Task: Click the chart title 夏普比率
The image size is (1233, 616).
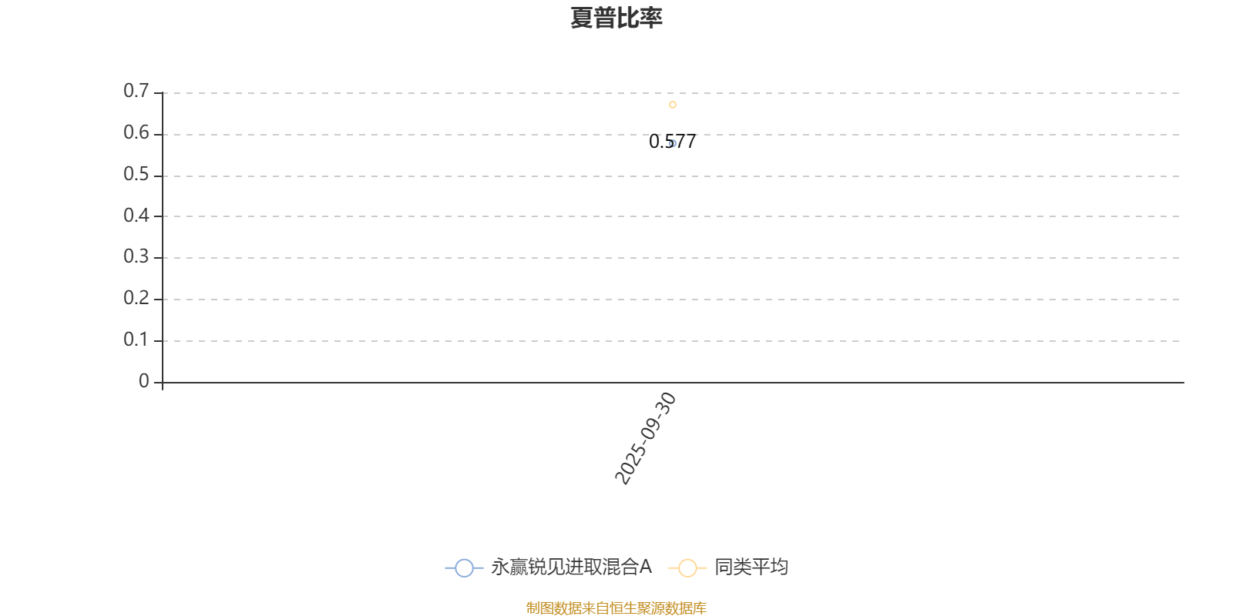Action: pos(616,18)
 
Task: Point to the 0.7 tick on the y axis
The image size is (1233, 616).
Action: pos(136,92)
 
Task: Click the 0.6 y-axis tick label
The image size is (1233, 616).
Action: pos(136,133)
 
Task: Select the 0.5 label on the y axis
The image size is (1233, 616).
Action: pos(136,175)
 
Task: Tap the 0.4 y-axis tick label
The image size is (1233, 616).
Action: pos(136,216)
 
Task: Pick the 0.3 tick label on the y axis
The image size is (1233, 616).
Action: pos(136,257)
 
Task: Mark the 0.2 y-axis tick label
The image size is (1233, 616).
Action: pos(136,299)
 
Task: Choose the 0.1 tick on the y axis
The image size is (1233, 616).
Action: pos(136,340)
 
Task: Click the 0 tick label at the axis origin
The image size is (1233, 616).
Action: pos(144,382)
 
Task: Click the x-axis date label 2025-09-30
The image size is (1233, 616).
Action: pos(646,438)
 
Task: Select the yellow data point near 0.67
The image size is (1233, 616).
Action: pos(673,105)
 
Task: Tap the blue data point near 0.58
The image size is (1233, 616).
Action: pos(673,143)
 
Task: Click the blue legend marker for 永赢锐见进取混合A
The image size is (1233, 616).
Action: pos(464,568)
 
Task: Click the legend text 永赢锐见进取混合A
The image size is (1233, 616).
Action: pos(571,567)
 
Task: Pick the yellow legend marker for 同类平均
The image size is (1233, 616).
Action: pos(687,568)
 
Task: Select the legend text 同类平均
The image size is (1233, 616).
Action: pos(751,567)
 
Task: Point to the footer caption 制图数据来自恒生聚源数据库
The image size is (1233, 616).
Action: pos(616,608)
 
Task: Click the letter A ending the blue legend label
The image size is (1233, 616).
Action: pos(645,567)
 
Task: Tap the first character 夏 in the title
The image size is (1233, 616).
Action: pos(582,18)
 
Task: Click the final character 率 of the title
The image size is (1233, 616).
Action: pos(651,18)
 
